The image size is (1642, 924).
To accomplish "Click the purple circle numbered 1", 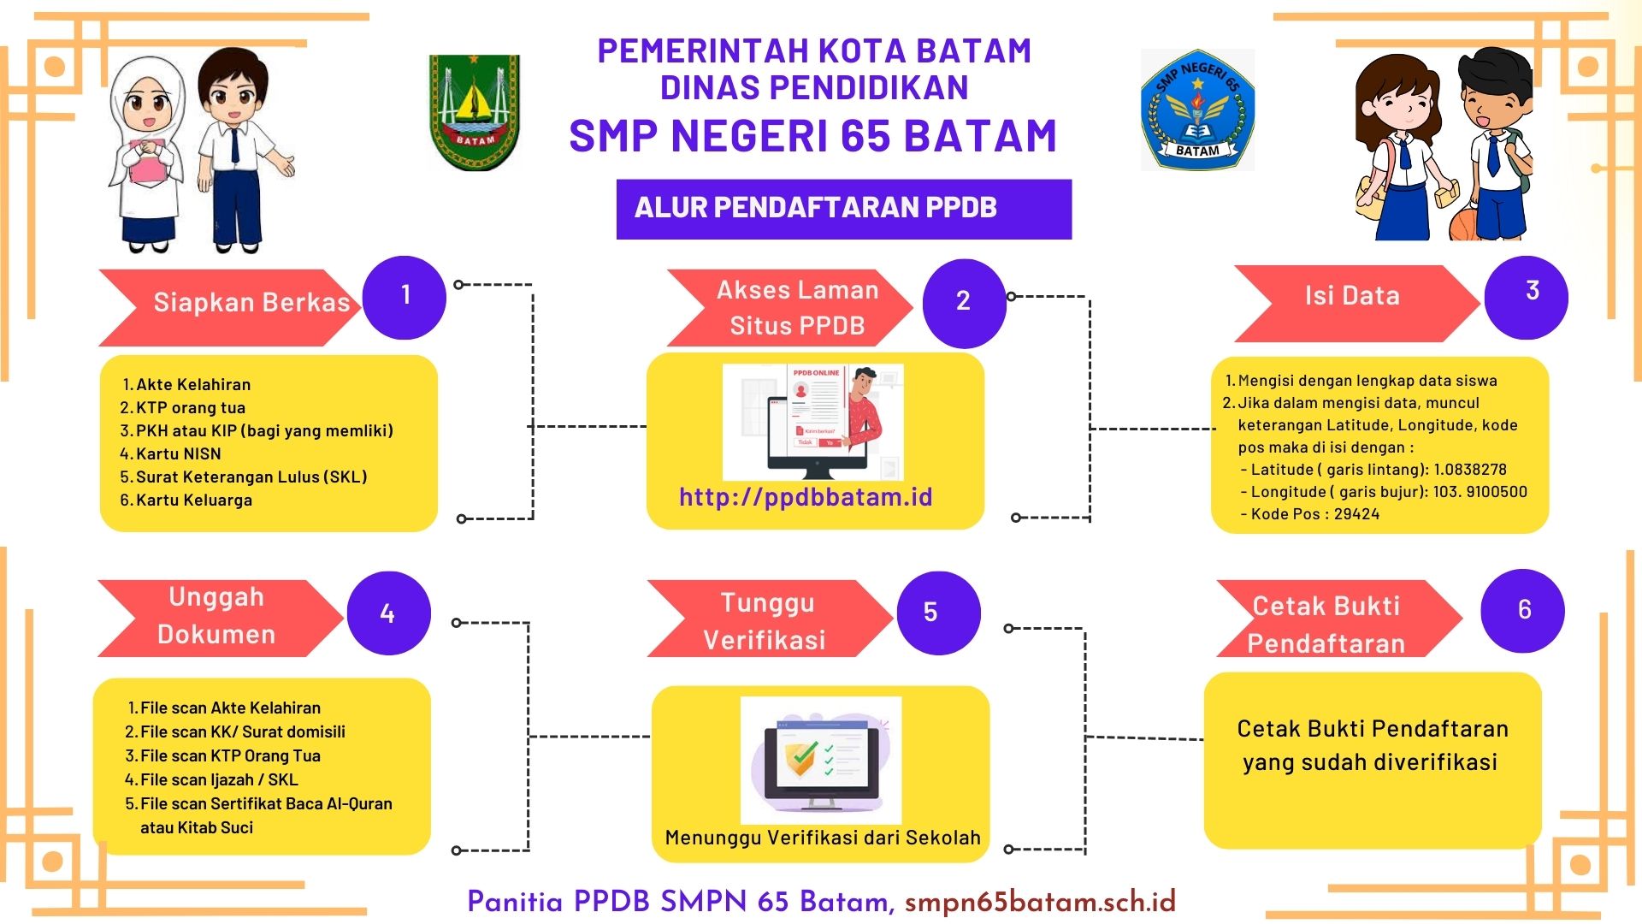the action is coord(405,297).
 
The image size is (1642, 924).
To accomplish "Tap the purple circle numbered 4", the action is coord(388,613).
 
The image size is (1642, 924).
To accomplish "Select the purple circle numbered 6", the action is coord(1522,610).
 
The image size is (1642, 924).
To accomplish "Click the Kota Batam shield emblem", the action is coord(474,112).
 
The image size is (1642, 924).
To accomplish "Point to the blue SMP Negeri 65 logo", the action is coord(1197,110).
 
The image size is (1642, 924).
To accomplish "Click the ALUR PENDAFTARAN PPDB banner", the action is coord(843,209).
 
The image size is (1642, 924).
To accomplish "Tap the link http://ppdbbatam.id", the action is coord(806,497).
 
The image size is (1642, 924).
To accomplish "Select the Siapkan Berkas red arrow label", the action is coord(231,304).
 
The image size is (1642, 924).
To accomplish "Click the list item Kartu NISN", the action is coord(178,454).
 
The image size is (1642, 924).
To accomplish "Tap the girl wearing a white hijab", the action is coord(145,154).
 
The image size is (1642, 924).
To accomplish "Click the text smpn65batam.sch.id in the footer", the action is coord(1040,902).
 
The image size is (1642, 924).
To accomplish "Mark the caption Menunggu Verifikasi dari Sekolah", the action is coord(823,838).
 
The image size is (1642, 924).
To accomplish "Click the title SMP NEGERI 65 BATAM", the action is coord(813,137).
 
